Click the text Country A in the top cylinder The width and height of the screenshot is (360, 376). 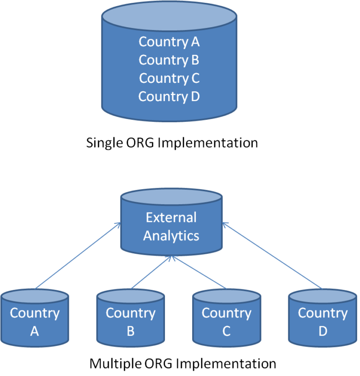pos(169,42)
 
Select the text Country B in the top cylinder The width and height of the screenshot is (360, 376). pos(169,60)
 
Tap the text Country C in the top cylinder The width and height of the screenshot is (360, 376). pos(169,78)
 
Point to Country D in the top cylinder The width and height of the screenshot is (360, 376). pos(169,96)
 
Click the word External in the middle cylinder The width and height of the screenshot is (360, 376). pos(171,218)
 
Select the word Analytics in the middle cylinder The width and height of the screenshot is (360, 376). pos(171,236)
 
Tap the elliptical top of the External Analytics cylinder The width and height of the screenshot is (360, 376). pos(171,197)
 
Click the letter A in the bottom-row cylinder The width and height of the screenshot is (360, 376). pos(34,332)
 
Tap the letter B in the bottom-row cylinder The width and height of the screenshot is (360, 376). pos(130,332)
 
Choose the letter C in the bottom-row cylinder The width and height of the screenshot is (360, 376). pos(226,332)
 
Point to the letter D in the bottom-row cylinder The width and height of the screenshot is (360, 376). pos(322,332)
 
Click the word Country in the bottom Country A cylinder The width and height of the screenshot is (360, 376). pos(34,313)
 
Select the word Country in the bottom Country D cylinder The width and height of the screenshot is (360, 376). pos(322,313)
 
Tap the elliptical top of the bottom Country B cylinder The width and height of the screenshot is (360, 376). pos(130,297)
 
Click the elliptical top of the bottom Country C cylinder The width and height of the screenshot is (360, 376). pos(226,297)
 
